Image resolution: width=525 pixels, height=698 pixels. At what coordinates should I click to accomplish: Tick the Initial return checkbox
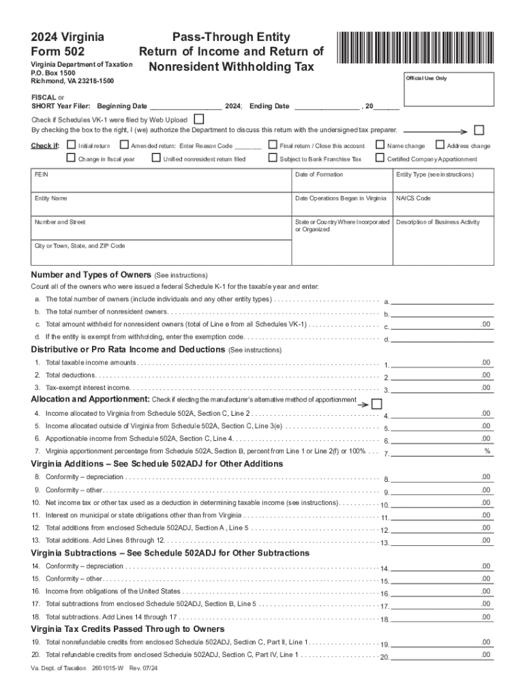(x=72, y=145)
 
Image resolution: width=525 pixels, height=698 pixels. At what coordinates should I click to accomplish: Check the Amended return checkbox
(x=124, y=145)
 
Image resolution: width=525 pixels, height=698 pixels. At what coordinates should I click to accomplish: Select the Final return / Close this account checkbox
(x=273, y=145)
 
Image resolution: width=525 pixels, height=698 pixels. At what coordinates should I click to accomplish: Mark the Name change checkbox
(x=380, y=145)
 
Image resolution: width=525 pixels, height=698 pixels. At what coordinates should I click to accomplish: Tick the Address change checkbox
(x=440, y=145)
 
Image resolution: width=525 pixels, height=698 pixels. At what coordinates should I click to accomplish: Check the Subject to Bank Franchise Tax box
(x=273, y=158)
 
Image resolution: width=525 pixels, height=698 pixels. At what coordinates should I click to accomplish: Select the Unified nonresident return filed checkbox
(x=156, y=158)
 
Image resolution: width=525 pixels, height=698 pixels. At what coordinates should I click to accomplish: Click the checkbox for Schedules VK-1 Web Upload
(x=199, y=119)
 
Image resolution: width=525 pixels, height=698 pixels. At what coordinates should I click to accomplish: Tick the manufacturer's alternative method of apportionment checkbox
(x=377, y=404)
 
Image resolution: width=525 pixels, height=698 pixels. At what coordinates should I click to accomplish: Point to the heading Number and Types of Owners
(x=92, y=275)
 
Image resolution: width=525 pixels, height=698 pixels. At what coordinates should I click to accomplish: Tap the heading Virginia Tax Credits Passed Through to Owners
(x=128, y=628)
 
